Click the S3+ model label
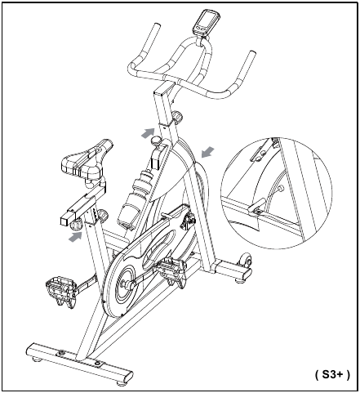click(x=332, y=375)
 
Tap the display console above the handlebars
click(x=204, y=22)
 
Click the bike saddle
click(x=86, y=161)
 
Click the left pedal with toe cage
click(x=60, y=292)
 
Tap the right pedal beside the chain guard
click(x=171, y=271)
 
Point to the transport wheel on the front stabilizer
click(x=246, y=260)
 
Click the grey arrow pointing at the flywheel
click(x=208, y=152)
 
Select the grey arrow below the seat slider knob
click(x=75, y=236)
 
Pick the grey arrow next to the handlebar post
click(x=148, y=132)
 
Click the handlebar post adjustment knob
click(x=177, y=117)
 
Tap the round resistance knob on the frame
click(x=156, y=141)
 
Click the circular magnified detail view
click(x=276, y=193)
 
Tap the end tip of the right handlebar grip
click(x=252, y=52)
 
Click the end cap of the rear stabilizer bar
click(x=128, y=377)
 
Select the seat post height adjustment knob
click(x=103, y=215)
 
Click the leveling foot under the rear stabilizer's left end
click(x=36, y=359)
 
